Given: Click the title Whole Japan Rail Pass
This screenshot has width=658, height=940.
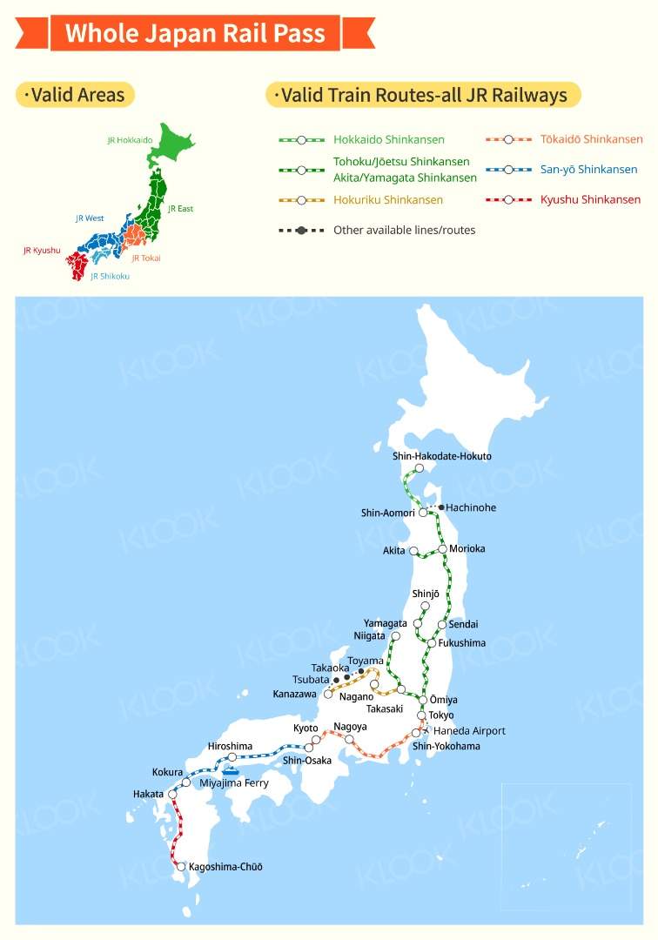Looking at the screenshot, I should tap(195, 34).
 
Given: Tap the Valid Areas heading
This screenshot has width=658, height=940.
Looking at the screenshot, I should tap(77, 95).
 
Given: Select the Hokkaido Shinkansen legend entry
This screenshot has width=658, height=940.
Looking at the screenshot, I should tap(388, 139).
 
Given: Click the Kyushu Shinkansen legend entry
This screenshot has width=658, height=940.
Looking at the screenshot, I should tap(590, 199).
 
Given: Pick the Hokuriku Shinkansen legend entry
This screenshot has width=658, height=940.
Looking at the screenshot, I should tap(388, 199).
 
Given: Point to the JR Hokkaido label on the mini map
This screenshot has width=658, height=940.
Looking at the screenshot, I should tap(130, 139).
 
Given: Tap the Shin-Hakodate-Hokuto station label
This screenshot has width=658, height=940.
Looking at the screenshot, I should tap(441, 456).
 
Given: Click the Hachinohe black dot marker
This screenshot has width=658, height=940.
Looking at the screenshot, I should tap(441, 507).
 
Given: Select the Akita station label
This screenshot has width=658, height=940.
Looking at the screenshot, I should tap(393, 551).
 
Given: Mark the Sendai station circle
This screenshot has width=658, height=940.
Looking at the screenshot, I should tap(442, 624).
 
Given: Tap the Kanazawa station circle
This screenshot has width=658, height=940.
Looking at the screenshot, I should tap(328, 695).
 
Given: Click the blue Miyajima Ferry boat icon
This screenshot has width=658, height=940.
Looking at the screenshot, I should tap(231, 770).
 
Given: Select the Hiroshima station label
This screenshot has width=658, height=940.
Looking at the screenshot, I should tap(230, 746).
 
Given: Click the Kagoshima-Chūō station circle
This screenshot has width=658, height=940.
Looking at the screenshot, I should tap(181, 867).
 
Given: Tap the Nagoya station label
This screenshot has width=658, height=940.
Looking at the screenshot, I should tap(350, 727).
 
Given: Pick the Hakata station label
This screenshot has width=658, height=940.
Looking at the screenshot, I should tap(148, 794).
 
